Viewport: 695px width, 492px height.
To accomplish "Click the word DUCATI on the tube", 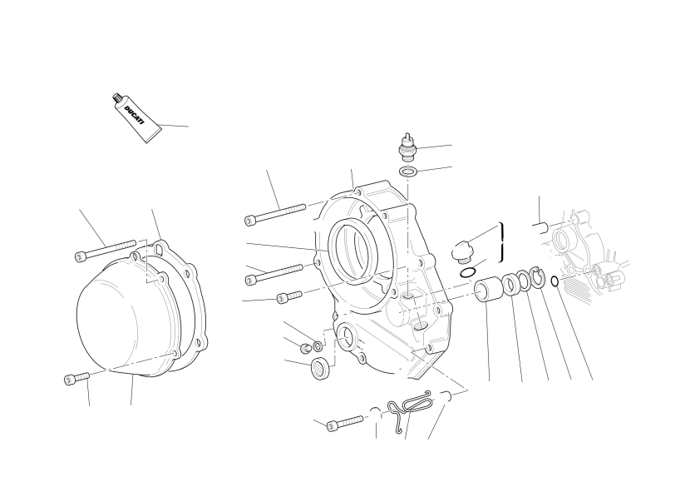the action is point(134,115).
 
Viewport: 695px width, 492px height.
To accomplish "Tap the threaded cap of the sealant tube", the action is point(117,97).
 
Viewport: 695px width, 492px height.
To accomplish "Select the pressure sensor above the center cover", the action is point(407,147).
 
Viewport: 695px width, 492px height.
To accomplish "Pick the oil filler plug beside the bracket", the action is point(461,250).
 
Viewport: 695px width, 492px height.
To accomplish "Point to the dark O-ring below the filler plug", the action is point(468,273).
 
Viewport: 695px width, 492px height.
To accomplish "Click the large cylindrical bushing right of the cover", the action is point(489,290).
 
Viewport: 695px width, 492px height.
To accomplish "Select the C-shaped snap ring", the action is point(538,279).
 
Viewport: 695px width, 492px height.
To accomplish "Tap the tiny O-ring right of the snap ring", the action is point(555,281).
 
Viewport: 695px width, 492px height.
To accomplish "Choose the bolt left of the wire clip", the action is point(345,423).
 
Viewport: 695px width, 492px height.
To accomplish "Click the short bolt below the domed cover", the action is point(76,378).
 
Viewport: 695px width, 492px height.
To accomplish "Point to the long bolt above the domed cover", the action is point(106,251).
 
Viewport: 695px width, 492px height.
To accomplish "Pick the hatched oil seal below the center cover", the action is point(320,370).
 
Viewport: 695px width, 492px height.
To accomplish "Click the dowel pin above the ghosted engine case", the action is point(540,228).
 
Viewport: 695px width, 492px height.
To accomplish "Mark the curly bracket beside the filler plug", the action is point(502,242).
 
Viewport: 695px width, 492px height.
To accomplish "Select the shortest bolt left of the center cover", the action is point(289,297).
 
